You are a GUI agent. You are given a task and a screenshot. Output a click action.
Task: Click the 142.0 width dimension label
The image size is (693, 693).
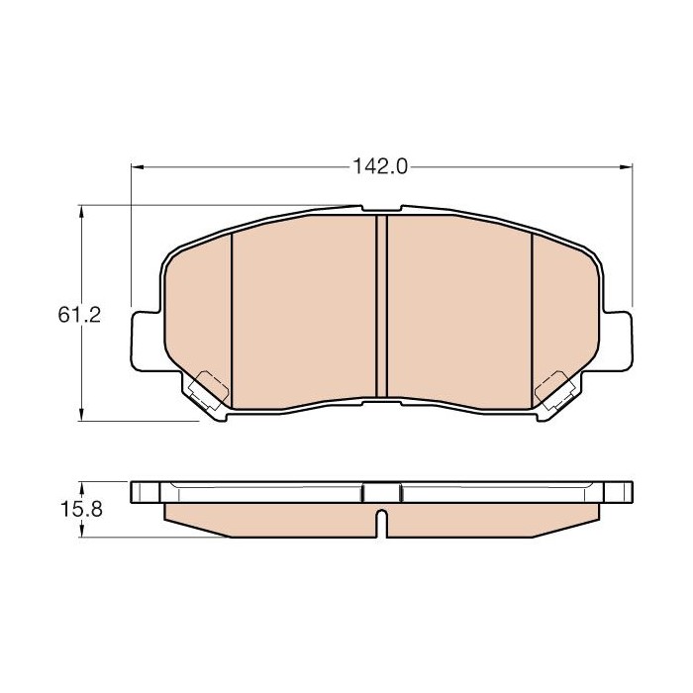380,167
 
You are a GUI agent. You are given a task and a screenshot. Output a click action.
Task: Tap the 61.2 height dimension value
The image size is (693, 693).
79,315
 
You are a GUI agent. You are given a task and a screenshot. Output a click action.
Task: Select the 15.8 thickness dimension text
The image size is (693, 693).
81,510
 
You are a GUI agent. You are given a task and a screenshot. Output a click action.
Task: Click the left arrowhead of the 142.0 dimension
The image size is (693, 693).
138,167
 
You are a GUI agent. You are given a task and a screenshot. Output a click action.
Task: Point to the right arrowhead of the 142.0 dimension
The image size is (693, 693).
626,167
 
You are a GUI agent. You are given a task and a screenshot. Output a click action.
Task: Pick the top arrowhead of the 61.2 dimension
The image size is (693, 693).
81,212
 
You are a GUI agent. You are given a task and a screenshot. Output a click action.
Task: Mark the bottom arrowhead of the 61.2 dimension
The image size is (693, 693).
81,414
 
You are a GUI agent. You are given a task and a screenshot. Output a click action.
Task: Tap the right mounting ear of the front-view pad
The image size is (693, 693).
616,341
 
